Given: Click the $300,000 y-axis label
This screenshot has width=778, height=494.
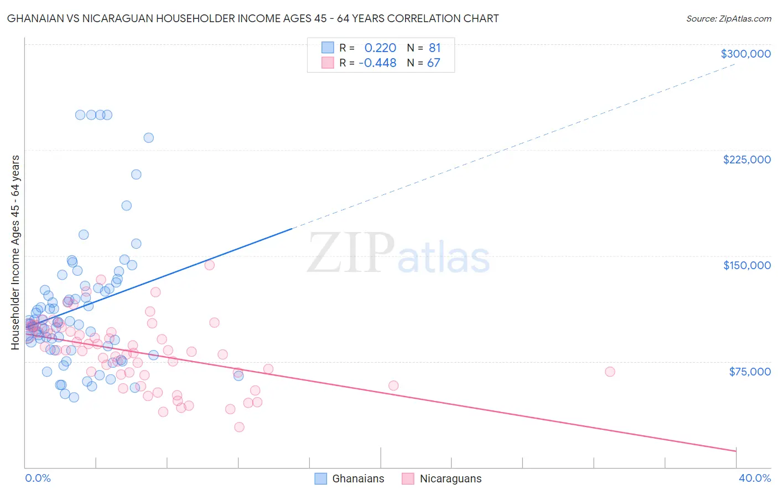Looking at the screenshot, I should [x=745, y=54].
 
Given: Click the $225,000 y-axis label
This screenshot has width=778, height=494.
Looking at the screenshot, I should [x=746, y=159].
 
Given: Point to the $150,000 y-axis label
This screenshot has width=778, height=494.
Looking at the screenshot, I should [x=746, y=265].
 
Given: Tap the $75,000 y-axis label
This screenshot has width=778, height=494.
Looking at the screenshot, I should [x=749, y=372].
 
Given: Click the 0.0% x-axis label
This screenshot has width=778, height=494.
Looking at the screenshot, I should [x=38, y=478].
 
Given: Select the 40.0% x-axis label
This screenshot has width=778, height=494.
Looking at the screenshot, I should [x=754, y=478].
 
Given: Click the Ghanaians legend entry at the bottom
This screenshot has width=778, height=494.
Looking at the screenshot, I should [x=349, y=478].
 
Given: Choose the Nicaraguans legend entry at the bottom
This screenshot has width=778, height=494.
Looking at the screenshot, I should [x=442, y=478].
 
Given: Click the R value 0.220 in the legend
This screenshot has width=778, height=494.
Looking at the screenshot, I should [x=380, y=48].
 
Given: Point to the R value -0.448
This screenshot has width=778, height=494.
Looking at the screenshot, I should [x=377, y=63].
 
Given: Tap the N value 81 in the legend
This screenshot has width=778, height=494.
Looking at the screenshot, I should [x=434, y=48].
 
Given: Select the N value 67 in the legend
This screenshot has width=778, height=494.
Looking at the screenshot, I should [x=433, y=63].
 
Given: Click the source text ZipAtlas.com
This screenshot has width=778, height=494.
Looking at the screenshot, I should [x=728, y=19].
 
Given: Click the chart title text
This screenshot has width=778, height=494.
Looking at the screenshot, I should [x=253, y=18].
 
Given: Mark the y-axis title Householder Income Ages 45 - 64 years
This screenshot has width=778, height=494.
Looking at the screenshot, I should [x=15, y=252].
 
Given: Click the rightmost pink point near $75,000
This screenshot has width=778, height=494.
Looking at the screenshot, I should [x=610, y=372].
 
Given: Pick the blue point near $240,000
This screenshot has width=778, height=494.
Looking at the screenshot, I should [x=148, y=138].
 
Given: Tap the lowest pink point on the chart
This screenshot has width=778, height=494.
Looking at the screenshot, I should [x=239, y=427].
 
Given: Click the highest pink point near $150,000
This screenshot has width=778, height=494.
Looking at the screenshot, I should [x=209, y=265].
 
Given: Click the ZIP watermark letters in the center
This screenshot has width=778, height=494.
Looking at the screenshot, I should [x=350, y=254].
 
